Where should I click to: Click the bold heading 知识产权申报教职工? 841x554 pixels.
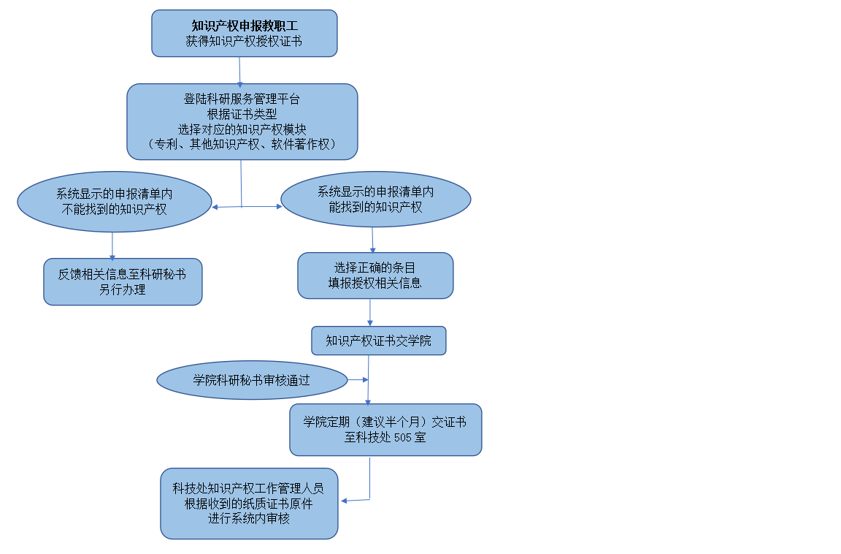[245, 26]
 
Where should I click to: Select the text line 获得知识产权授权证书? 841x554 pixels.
[244, 41]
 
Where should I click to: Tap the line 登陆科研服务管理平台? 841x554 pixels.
[242, 99]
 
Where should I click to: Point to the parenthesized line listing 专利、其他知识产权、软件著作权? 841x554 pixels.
[242, 144]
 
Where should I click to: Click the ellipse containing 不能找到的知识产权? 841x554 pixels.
[114, 202]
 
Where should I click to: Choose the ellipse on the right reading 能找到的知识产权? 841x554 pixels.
[375, 199]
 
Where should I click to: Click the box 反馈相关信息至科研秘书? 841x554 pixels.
[123, 282]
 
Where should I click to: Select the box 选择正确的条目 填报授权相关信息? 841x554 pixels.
[375, 276]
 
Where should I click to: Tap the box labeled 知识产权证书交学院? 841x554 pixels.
[379, 341]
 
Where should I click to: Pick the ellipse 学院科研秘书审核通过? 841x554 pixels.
[252, 380]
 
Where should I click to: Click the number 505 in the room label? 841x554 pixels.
[403, 438]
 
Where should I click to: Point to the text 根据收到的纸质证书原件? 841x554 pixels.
[248, 504]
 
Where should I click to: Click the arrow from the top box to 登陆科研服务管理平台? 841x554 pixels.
[239, 72]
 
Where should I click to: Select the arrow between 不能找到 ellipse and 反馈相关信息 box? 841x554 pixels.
[112, 246]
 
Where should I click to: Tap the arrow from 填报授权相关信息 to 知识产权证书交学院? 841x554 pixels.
[369, 312]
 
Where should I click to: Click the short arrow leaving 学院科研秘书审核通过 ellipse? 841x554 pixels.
[358, 379]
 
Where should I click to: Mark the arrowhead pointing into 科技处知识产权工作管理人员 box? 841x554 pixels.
[345, 501]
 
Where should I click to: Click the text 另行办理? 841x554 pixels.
[123, 290]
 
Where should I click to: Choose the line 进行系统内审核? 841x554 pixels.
[249, 519]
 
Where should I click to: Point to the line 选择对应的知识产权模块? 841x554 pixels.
[242, 129]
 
